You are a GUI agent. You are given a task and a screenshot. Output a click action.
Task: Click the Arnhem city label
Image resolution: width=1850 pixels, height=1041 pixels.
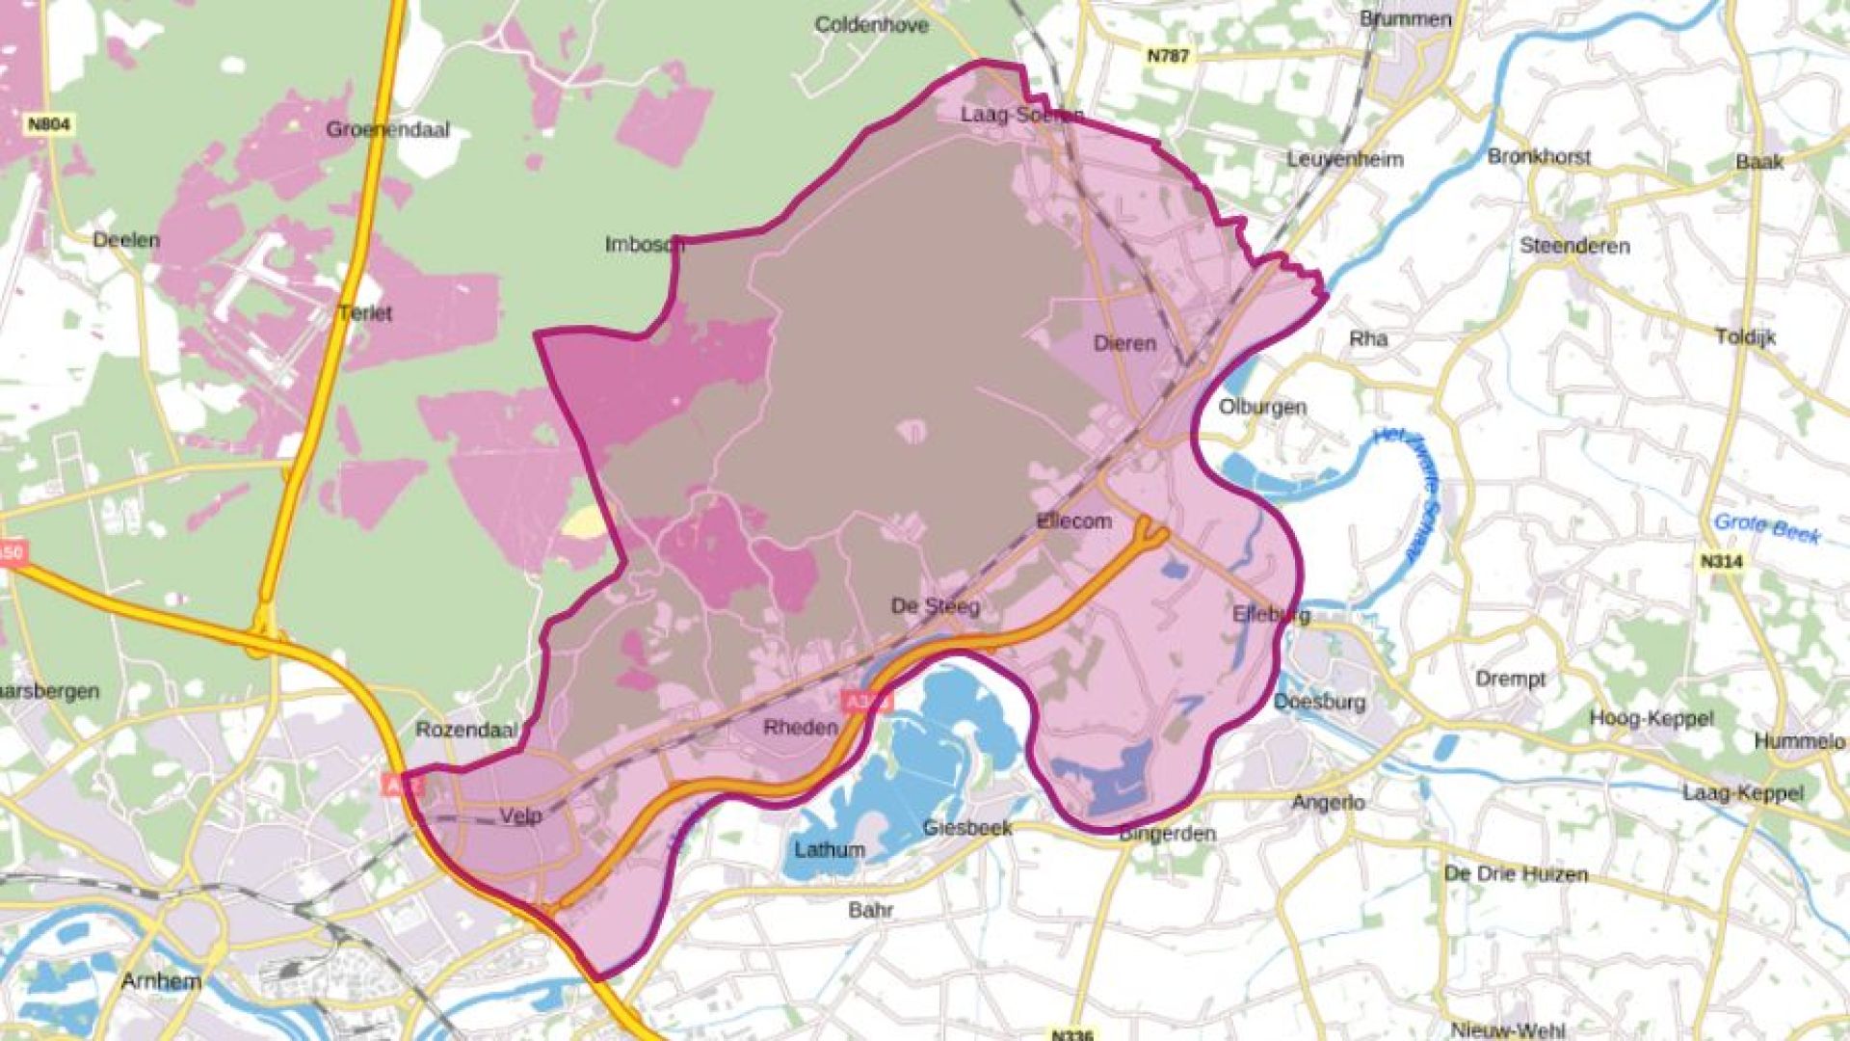pyautogui.click(x=162, y=981)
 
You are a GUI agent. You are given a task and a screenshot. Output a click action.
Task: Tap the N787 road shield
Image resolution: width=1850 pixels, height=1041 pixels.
pyautogui.click(x=1168, y=56)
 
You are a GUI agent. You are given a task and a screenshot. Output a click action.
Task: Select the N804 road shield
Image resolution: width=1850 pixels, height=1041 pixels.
pyautogui.click(x=49, y=124)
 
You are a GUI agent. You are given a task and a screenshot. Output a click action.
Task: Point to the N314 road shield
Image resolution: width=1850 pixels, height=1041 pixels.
pyautogui.click(x=1721, y=561)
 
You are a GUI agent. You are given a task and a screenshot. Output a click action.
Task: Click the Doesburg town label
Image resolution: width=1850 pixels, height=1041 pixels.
pyautogui.click(x=1319, y=702)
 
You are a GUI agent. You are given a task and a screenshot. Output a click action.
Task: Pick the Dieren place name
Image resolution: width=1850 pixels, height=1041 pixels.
pyautogui.click(x=1124, y=343)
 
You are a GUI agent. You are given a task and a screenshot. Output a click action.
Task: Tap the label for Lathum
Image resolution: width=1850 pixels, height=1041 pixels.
pyautogui.click(x=830, y=850)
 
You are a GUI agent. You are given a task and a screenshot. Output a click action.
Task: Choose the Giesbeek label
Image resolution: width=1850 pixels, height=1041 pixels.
pyautogui.click(x=967, y=827)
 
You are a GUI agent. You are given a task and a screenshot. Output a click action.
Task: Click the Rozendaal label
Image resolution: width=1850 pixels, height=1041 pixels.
pyautogui.click(x=467, y=730)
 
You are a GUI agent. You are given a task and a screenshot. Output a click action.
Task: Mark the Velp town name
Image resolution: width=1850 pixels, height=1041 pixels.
pyautogui.click(x=520, y=816)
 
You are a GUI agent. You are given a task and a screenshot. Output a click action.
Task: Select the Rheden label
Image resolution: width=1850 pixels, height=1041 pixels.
pyautogui.click(x=800, y=727)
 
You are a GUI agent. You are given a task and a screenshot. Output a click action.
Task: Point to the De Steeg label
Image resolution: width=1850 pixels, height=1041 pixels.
pyautogui.click(x=936, y=606)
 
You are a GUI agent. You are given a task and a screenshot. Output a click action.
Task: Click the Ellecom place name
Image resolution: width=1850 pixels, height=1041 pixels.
pyautogui.click(x=1073, y=521)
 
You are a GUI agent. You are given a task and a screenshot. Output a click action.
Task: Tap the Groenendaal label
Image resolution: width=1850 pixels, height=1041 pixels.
pyautogui.click(x=387, y=129)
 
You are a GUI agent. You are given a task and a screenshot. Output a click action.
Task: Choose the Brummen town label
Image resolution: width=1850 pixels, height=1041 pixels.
pyautogui.click(x=1405, y=19)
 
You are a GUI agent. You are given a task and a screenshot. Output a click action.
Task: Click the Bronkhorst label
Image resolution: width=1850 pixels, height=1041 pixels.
pyautogui.click(x=1539, y=156)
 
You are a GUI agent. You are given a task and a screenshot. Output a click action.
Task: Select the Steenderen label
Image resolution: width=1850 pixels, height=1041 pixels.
pyautogui.click(x=1574, y=246)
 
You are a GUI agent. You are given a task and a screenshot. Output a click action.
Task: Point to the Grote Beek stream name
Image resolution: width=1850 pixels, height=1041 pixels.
pyautogui.click(x=1767, y=527)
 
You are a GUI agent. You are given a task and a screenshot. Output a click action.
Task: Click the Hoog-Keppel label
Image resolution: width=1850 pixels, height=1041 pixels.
pyautogui.click(x=1652, y=718)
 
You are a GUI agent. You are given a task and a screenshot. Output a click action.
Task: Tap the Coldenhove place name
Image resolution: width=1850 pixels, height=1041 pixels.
pyautogui.click(x=871, y=24)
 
